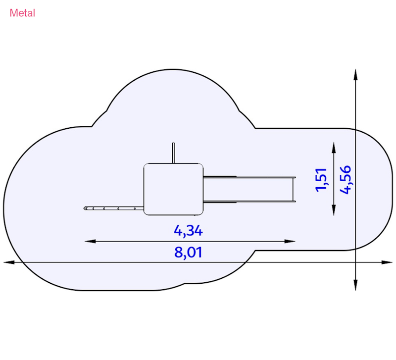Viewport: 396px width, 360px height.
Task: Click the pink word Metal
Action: [x=22, y=13]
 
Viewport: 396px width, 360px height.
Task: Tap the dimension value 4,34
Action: [x=188, y=231]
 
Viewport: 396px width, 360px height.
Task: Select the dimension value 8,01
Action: [x=188, y=253]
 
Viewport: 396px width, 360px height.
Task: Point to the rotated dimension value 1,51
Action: [x=321, y=180]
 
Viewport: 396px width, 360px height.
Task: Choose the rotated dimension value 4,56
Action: [x=345, y=180]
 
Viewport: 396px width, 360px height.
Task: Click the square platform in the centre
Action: [x=174, y=189]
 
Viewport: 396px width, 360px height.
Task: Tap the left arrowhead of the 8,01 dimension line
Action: [x=9, y=262]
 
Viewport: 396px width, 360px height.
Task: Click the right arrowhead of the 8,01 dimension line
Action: [x=387, y=262]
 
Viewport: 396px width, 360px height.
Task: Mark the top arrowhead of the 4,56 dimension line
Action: [x=355, y=75]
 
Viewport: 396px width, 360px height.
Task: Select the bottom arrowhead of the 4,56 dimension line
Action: [x=355, y=285]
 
